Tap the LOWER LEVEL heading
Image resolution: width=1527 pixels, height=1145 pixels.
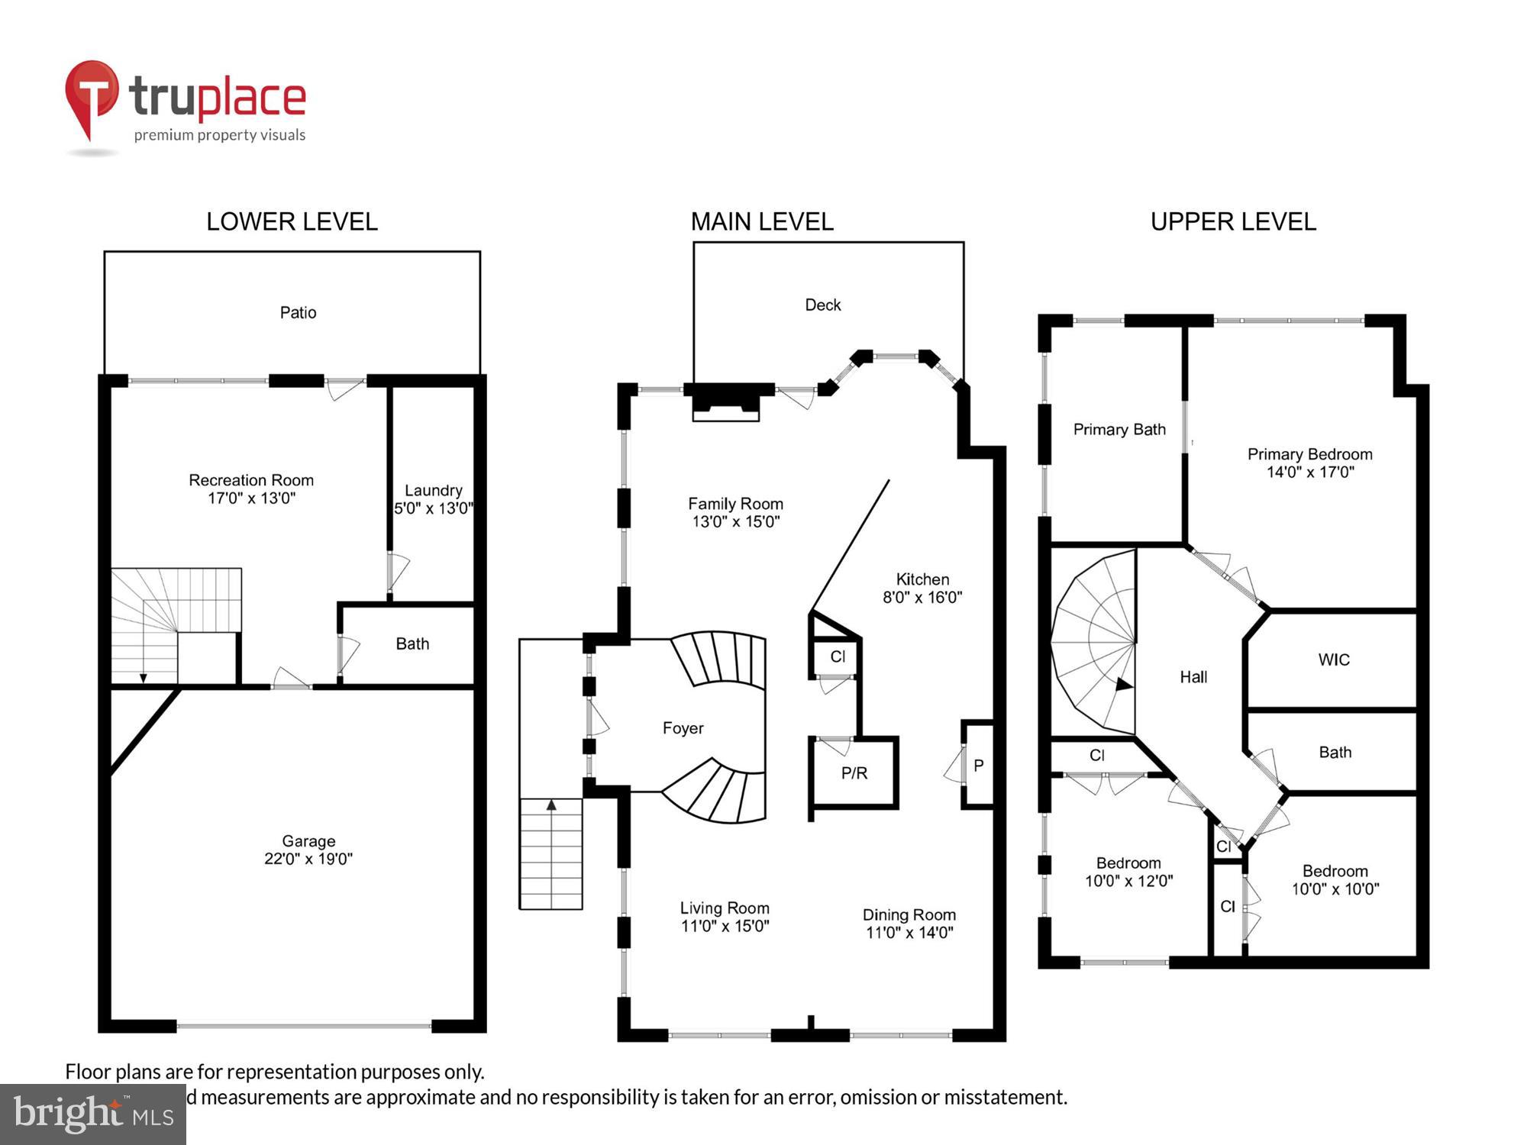292,222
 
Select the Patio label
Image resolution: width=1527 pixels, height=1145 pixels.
298,312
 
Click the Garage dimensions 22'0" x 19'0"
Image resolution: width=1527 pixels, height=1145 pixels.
308,859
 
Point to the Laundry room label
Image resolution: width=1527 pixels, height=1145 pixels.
433,490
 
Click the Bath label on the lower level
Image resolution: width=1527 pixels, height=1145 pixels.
412,643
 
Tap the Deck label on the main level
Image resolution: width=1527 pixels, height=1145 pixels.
822,305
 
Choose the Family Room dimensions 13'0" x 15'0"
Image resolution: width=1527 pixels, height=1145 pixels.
735,522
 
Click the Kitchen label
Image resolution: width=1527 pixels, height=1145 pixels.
922,579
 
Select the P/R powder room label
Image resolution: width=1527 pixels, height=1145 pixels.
854,773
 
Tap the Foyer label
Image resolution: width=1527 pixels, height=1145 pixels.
683,728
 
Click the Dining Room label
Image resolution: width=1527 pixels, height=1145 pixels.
909,914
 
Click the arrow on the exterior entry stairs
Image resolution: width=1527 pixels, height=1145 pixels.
551,805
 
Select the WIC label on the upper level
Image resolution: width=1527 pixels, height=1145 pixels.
1333,660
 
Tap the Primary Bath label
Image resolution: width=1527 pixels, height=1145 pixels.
1119,430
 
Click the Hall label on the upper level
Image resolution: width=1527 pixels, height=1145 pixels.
1193,677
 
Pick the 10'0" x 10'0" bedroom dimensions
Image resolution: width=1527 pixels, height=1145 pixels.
1335,889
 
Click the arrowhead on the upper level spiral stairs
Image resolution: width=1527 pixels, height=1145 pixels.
1124,685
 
